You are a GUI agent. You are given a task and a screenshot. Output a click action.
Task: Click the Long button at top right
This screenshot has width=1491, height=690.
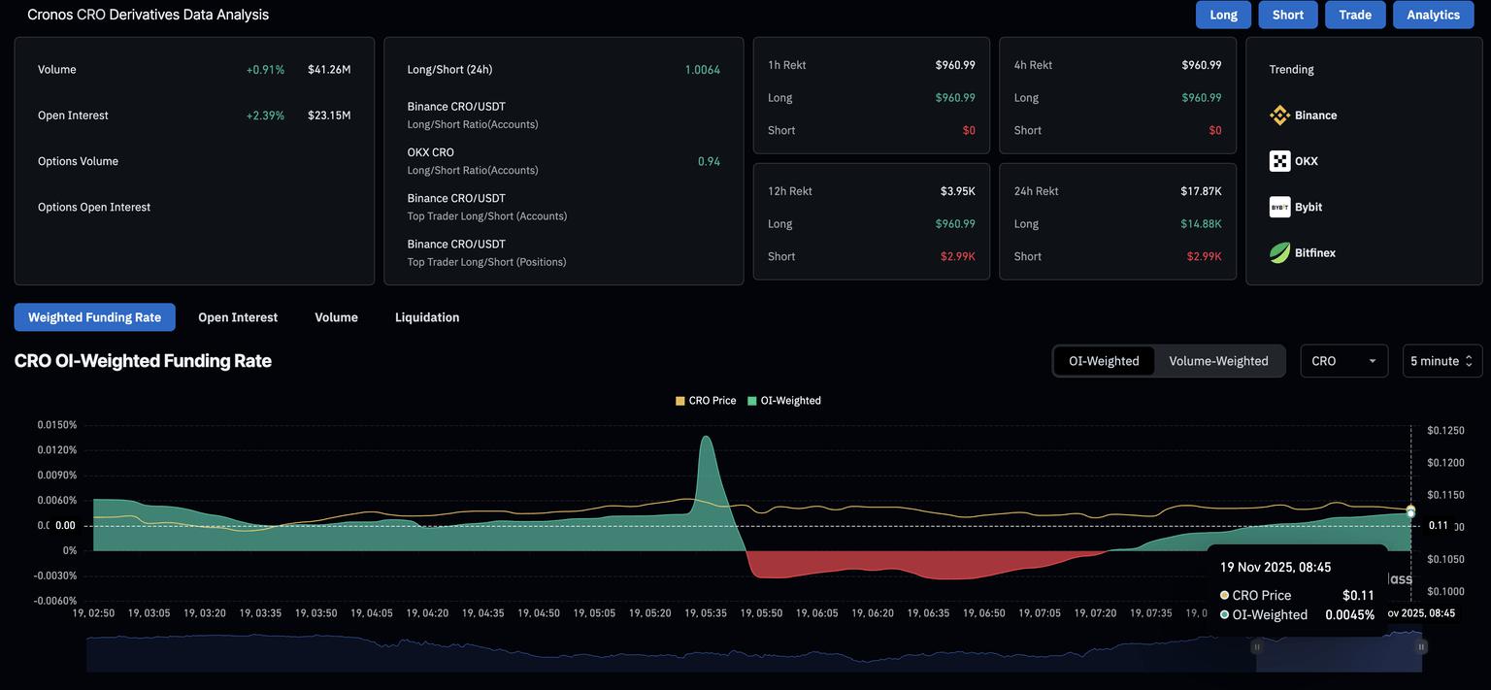[1223, 15]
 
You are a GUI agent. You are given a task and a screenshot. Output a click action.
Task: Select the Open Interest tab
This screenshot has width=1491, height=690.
[238, 317]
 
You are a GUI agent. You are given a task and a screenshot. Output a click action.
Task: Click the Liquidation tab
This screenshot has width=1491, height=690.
[427, 317]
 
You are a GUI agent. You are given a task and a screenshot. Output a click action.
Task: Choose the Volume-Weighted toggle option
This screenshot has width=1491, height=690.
[1218, 361]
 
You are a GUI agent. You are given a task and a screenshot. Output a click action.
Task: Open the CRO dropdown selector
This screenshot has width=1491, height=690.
[1343, 361]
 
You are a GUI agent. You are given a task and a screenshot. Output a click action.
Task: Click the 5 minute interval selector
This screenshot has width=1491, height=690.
[1441, 361]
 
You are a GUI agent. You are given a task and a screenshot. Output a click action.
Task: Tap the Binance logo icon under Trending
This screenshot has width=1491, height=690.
[1279, 115]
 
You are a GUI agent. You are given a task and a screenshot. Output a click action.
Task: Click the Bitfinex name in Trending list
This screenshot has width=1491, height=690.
[1315, 253]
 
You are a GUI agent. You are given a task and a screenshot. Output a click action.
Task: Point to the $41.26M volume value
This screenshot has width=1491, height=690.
[329, 70]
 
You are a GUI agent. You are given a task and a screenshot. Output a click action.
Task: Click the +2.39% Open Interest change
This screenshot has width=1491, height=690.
[265, 115]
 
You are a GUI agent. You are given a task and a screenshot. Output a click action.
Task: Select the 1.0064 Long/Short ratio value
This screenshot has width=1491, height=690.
[702, 70]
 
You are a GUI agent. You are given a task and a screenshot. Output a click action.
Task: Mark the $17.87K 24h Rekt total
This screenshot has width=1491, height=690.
[1201, 191]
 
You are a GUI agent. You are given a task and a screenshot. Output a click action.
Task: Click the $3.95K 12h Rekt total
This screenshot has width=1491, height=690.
[957, 191]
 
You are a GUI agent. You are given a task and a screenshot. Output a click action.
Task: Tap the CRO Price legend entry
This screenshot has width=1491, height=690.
[706, 401]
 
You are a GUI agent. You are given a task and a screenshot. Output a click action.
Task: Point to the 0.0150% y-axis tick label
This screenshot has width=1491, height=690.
[57, 425]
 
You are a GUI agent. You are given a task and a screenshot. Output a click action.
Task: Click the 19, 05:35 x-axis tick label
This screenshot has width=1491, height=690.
[705, 613]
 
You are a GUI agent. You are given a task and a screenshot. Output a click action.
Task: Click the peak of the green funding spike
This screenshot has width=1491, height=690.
[706, 437]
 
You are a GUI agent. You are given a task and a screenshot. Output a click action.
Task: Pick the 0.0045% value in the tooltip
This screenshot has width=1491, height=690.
[1349, 615]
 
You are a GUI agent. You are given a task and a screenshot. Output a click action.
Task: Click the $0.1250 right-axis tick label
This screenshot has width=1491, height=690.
[1445, 431]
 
